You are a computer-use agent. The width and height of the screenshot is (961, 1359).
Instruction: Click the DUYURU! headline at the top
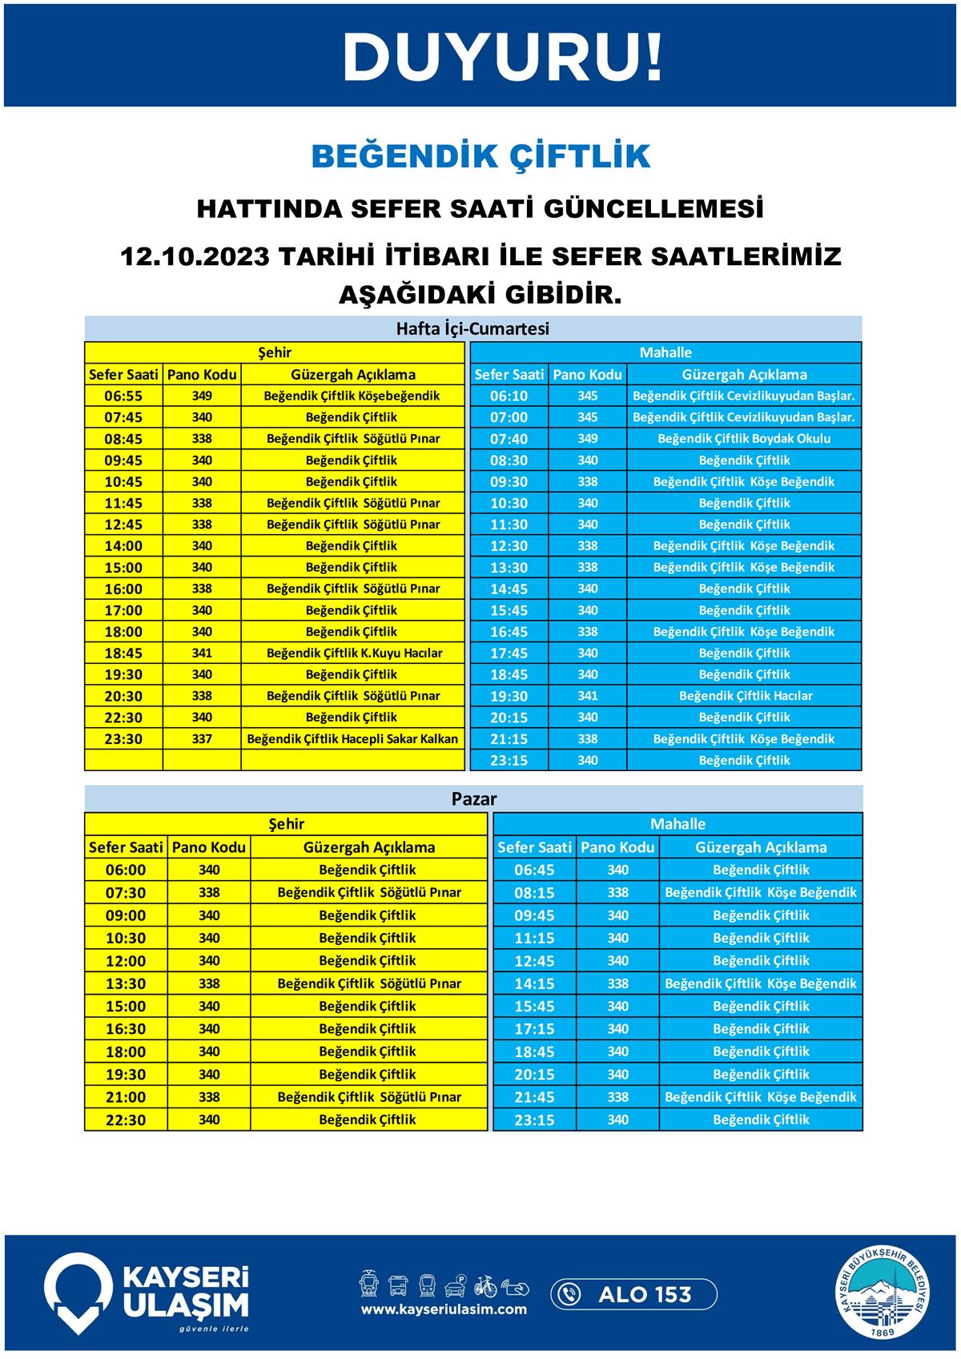click(503, 57)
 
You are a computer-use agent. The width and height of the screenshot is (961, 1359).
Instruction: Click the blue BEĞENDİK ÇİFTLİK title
click(480, 156)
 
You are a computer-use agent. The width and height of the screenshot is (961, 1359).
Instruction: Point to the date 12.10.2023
click(193, 257)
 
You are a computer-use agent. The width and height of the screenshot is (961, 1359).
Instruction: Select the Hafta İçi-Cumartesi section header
click(472, 328)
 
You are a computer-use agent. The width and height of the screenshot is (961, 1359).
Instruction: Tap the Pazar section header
click(473, 798)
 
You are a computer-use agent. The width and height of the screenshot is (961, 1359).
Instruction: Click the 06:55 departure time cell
click(123, 396)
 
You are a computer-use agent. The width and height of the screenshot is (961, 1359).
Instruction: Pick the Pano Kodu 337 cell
click(202, 738)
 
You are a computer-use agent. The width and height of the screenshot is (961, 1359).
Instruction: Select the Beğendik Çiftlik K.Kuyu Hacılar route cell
click(353, 653)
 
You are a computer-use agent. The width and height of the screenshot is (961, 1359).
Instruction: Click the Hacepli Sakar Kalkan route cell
click(353, 738)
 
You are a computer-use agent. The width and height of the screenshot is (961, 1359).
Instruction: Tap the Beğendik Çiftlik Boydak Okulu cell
click(744, 439)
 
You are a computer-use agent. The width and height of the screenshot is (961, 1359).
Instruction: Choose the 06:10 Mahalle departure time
click(509, 396)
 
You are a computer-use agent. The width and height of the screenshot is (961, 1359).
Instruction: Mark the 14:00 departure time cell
click(123, 546)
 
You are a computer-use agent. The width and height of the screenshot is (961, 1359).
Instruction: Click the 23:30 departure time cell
click(123, 738)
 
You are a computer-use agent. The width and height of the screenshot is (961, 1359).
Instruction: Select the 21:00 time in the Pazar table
click(126, 1097)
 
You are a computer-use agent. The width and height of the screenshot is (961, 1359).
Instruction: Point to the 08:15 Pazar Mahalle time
click(534, 892)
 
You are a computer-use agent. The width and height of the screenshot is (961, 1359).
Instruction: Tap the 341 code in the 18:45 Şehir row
click(202, 653)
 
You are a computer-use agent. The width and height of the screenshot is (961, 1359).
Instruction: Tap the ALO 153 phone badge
click(633, 1294)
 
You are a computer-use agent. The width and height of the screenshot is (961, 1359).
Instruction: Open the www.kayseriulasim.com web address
click(444, 1310)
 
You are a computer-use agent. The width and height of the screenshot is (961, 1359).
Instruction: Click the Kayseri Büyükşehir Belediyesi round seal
click(885, 1293)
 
